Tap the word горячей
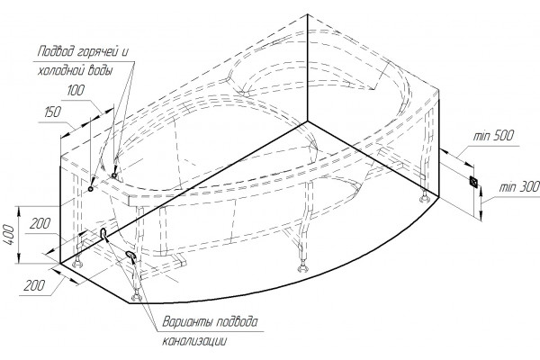(95, 52)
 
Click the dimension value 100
(76, 91)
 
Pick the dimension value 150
(53, 112)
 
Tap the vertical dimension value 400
(9, 235)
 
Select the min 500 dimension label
(493, 135)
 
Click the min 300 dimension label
(519, 187)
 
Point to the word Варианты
(185, 322)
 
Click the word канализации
(194, 341)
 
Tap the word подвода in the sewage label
(236, 322)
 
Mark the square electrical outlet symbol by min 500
(474, 182)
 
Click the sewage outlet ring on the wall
(103, 233)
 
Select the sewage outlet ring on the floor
(130, 255)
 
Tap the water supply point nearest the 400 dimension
(91, 189)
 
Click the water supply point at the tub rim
(114, 175)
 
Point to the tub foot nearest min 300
(424, 198)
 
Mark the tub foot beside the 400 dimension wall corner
(77, 263)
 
